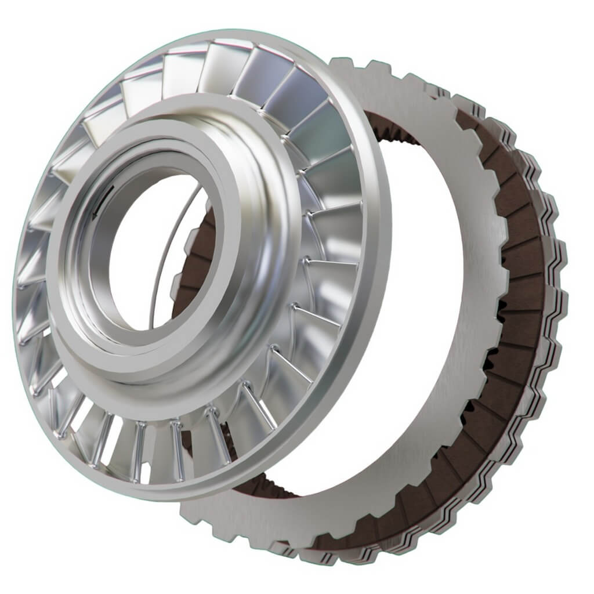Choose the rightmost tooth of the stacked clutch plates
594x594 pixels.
(560, 255)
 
